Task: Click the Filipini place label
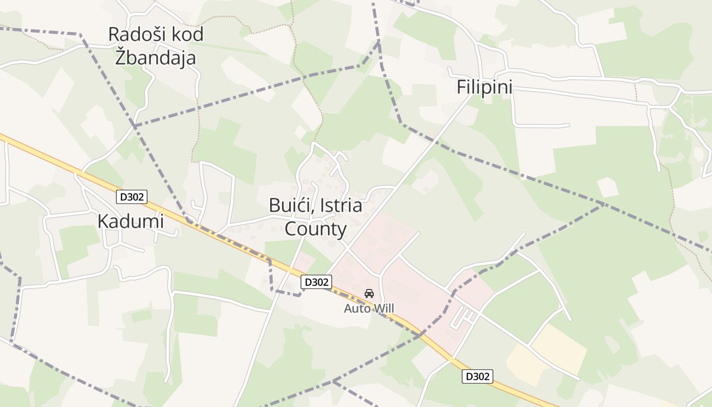click(484, 87)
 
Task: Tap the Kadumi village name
click(131, 221)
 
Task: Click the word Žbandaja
click(155, 57)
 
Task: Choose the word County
click(315, 229)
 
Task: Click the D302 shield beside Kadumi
click(132, 197)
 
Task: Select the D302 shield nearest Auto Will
click(316, 282)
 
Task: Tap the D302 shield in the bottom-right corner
click(478, 376)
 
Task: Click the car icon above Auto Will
click(369, 294)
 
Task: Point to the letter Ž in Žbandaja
click(121, 57)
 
